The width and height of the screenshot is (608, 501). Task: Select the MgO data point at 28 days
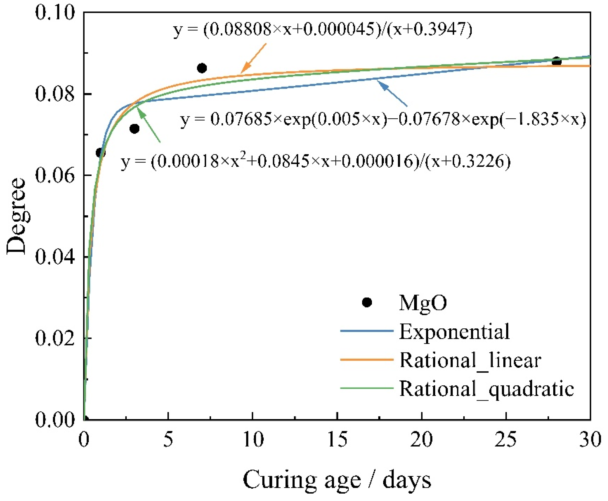tap(556, 61)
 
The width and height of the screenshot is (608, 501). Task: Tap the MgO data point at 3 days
tap(134, 128)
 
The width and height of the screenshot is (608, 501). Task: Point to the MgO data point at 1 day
tap(101, 153)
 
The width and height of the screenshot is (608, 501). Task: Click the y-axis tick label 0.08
tap(55, 94)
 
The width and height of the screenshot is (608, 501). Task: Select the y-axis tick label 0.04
tap(55, 257)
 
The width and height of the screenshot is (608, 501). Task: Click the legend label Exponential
tap(454, 332)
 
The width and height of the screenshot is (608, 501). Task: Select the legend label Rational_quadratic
tap(486, 389)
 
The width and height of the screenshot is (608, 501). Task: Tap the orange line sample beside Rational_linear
tap(366, 360)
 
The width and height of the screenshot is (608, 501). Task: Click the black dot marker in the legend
tap(367, 302)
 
